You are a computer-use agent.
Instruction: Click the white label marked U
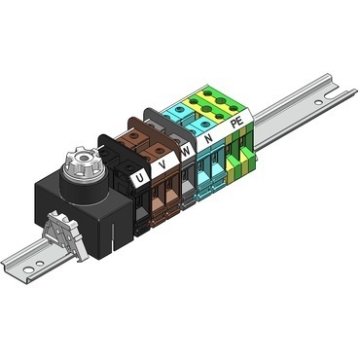[x=143, y=179]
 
